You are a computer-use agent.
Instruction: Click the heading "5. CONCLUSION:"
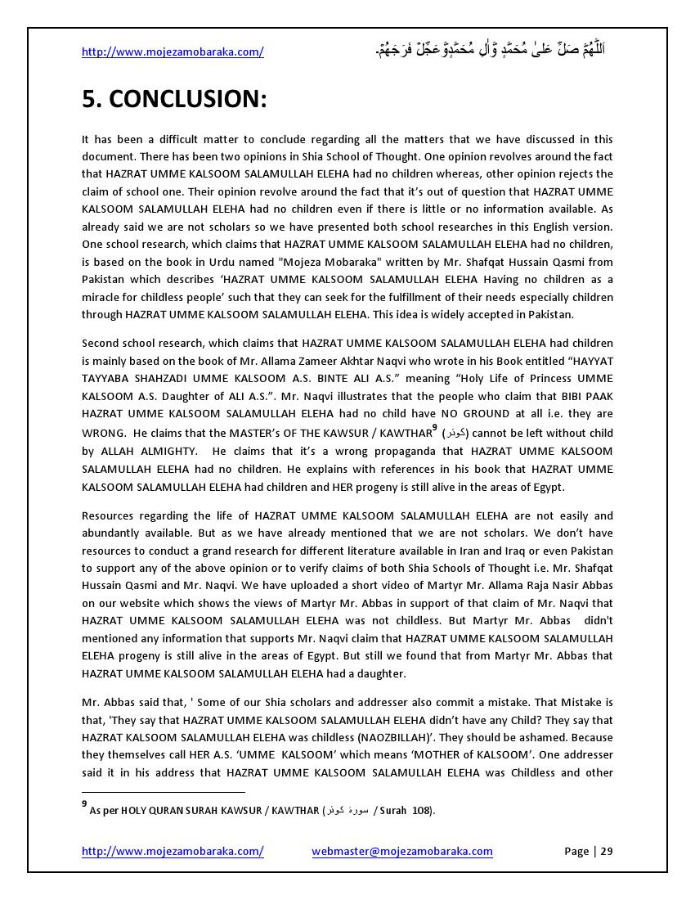point(174,99)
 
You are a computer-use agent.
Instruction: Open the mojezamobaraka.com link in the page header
point(173,52)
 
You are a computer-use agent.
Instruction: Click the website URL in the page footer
point(173,851)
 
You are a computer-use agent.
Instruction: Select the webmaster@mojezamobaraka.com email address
point(402,851)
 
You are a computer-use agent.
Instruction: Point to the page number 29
point(606,851)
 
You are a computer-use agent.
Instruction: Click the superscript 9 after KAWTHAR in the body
point(435,428)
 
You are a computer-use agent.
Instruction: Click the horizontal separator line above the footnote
point(164,792)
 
